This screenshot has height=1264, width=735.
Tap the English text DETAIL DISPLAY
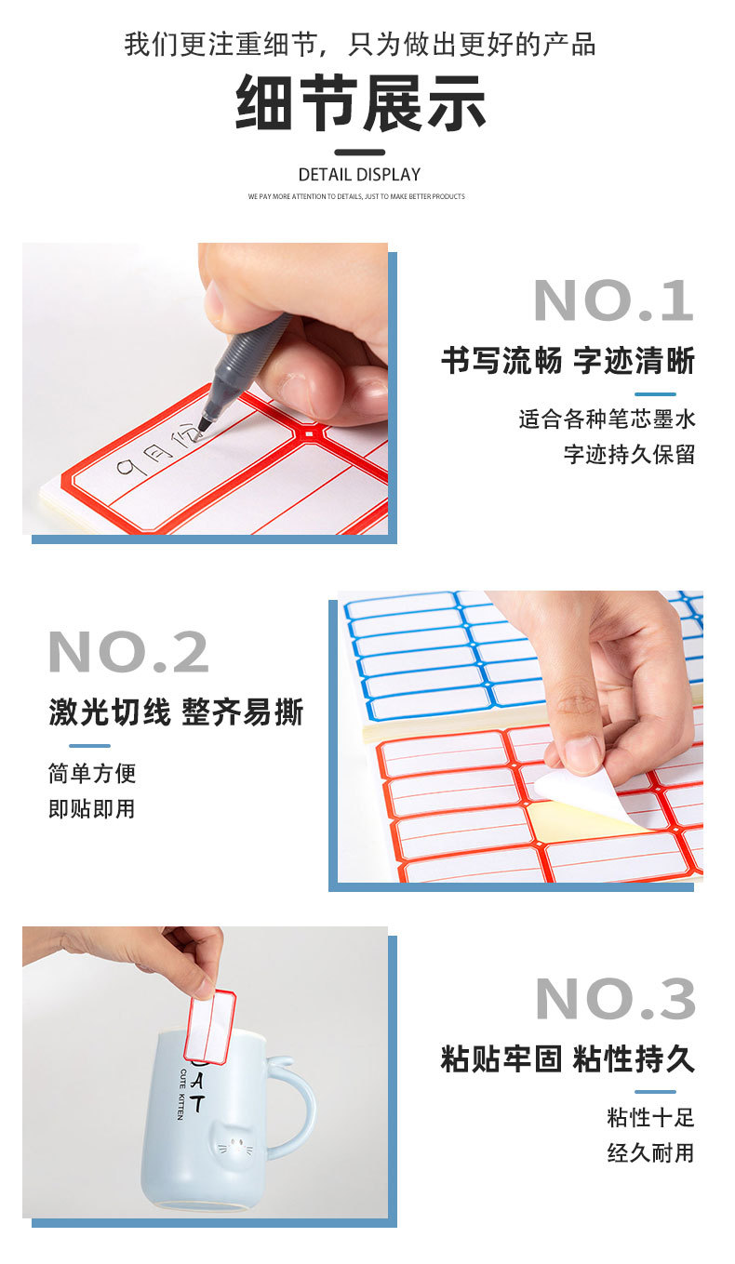click(359, 175)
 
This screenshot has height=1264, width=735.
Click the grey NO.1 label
click(614, 301)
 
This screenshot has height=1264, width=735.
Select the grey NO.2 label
click(128, 652)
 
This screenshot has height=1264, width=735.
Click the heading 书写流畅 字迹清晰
click(568, 361)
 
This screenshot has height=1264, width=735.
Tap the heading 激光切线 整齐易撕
click(176, 713)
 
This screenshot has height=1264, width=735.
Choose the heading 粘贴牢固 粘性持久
click(568, 1058)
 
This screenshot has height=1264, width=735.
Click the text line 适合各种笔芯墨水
click(607, 419)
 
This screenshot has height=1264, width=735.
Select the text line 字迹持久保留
click(629, 455)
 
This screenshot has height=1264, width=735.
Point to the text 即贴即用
click(92, 809)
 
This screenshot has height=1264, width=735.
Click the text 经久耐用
click(650, 1153)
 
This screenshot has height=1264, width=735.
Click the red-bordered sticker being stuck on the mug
click(212, 1026)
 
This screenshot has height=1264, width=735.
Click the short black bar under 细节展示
click(359, 153)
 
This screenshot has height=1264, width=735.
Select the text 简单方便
click(92, 773)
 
